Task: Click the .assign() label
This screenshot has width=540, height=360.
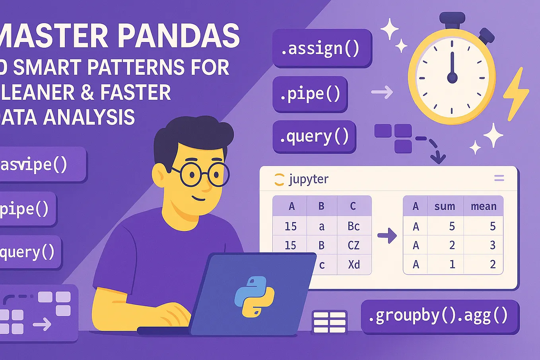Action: [x=321, y=49]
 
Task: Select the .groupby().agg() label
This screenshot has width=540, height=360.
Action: [x=439, y=316]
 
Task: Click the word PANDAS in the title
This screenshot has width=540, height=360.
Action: [x=179, y=36]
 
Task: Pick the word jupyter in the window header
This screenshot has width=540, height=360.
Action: [x=309, y=179]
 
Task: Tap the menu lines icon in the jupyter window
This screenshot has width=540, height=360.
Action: [x=499, y=178]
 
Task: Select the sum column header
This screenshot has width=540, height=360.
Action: [x=445, y=206]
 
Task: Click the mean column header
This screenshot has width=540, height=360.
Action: [x=484, y=206]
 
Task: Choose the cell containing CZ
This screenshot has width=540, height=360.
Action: [x=354, y=245]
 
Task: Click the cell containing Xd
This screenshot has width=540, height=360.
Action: [x=354, y=265]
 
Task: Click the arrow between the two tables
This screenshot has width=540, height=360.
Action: [x=387, y=235]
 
